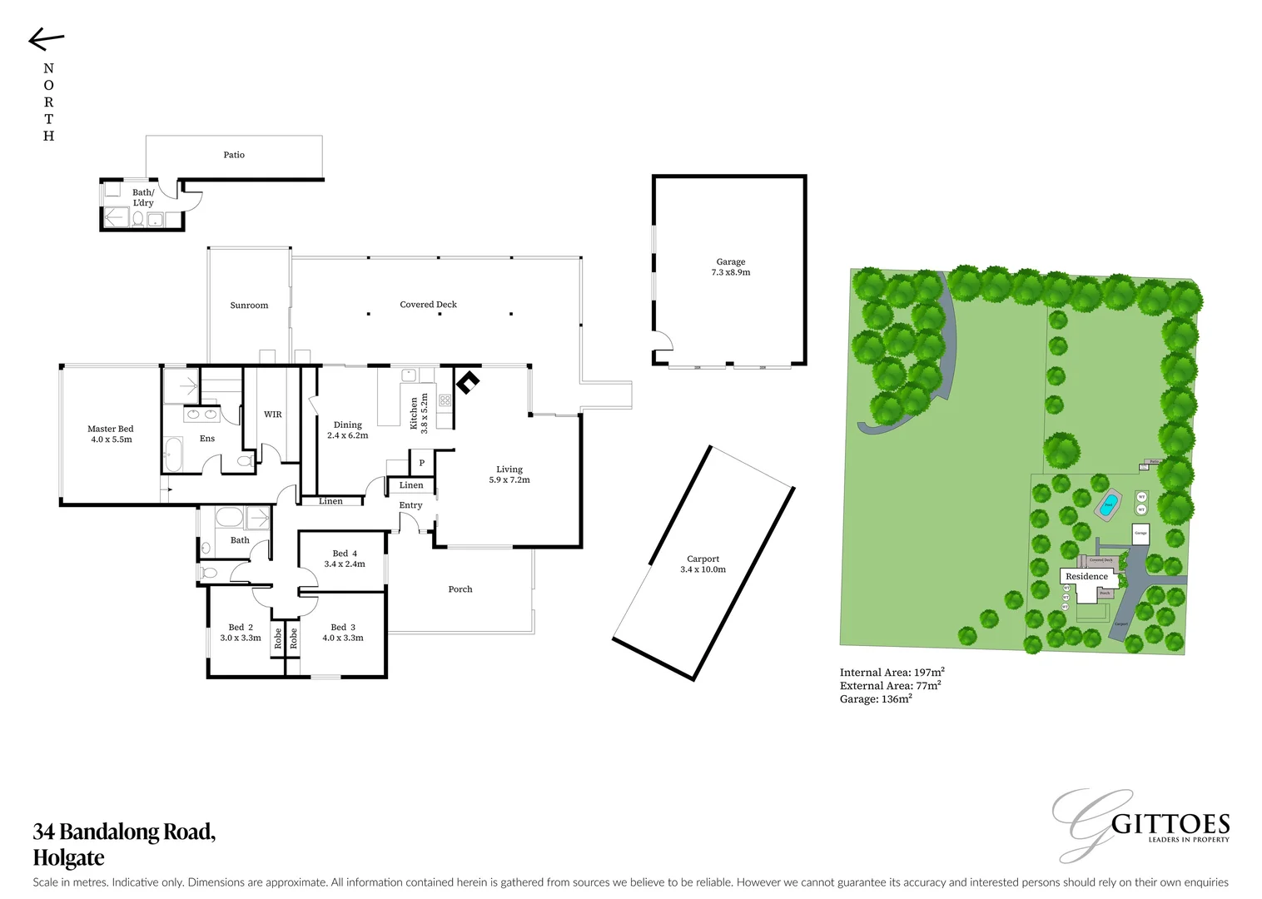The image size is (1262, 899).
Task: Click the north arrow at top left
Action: coord(46,39)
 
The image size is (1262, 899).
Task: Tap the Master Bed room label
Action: coord(111,434)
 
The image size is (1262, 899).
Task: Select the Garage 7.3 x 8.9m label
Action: coord(730,266)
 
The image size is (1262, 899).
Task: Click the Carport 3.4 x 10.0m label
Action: coord(703,564)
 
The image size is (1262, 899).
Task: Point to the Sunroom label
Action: coord(249,305)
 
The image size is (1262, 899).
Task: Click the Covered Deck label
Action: coord(428,305)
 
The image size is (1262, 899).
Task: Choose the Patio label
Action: coord(234,155)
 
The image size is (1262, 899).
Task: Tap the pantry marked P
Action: coord(421,463)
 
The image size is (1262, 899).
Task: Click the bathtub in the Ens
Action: coord(173,454)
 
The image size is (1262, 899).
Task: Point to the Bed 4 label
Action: coord(344,559)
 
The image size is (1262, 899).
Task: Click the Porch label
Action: coord(460,589)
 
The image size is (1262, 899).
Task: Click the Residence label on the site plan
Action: coord(1086,576)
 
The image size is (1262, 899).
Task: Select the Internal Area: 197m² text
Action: coord(892,672)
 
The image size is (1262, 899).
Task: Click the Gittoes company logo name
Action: coord(1170,825)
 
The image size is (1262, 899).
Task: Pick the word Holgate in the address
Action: coord(68,857)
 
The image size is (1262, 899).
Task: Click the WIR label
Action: coord(272,415)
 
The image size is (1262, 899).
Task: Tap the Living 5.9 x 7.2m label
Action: coord(509,474)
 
